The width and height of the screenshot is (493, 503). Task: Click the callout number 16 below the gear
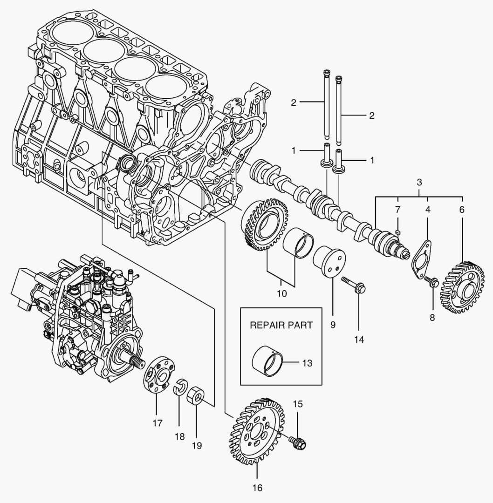point(257,488)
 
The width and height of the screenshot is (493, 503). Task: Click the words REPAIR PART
point(281,325)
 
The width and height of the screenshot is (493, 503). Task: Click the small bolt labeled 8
point(431,281)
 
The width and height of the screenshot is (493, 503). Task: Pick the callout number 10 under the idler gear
point(282,294)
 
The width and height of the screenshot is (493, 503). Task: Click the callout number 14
point(358,340)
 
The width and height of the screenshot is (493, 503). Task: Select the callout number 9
point(333,325)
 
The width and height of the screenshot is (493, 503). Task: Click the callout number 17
point(157,423)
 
